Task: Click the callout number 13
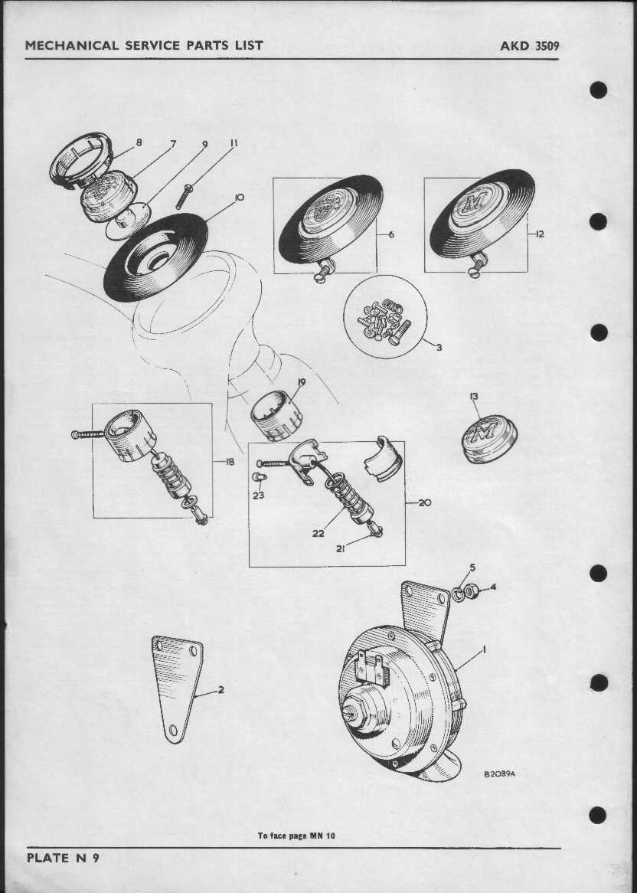click(x=474, y=397)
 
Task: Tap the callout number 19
click(x=301, y=382)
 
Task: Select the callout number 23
click(x=259, y=496)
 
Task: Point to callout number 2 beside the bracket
click(x=220, y=690)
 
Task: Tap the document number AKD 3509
click(x=529, y=45)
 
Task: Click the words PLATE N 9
click(x=63, y=858)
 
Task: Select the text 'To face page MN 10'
click(x=296, y=836)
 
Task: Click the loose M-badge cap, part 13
click(x=489, y=439)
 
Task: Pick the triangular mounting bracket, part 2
click(x=176, y=688)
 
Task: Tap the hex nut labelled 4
click(x=471, y=591)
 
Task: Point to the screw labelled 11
click(x=183, y=197)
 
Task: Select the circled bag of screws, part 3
click(x=385, y=316)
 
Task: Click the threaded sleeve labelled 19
click(x=276, y=416)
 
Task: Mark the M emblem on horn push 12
click(x=471, y=203)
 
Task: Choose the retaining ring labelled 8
click(x=80, y=159)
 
